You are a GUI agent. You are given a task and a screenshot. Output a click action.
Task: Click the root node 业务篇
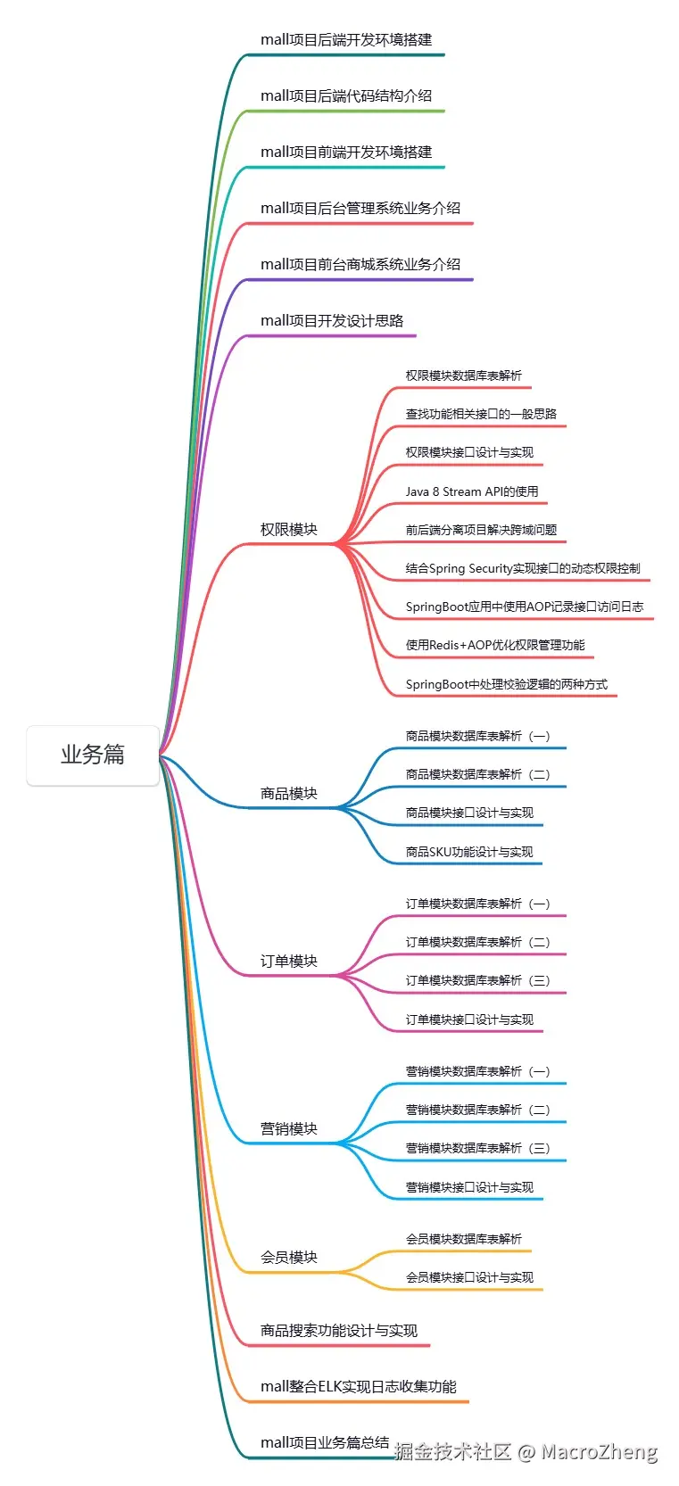[93, 755]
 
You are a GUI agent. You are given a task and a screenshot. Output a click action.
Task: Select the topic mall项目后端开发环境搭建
[346, 40]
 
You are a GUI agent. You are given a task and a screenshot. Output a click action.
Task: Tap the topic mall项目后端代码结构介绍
[346, 96]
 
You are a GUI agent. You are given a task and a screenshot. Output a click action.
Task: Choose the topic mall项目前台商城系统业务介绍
[360, 265]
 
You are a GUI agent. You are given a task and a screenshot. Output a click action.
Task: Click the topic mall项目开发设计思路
[332, 321]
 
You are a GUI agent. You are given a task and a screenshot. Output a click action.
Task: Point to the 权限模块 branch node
[288, 530]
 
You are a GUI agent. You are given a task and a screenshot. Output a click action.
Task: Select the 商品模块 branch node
[288, 794]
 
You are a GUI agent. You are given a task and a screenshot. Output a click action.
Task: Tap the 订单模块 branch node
[288, 962]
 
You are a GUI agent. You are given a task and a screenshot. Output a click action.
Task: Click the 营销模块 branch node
[288, 1129]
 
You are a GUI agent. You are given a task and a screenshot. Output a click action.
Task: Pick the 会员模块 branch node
[288, 1258]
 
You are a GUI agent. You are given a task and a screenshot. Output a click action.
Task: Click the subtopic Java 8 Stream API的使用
[472, 491]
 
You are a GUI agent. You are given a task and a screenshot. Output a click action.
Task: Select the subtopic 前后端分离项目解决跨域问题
[481, 530]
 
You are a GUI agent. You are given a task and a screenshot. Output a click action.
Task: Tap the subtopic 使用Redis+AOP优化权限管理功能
[495, 645]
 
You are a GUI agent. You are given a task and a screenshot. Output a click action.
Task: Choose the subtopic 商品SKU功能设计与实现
[469, 852]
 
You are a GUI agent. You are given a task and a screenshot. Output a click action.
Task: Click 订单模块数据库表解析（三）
[477, 980]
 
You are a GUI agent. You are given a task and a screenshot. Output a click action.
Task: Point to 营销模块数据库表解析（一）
[477, 1071]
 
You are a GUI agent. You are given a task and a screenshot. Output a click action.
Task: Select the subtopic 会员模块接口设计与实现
[469, 1277]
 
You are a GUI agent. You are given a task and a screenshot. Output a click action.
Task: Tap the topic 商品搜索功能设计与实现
[339, 1331]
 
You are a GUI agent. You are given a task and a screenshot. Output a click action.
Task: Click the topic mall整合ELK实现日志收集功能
[359, 1387]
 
